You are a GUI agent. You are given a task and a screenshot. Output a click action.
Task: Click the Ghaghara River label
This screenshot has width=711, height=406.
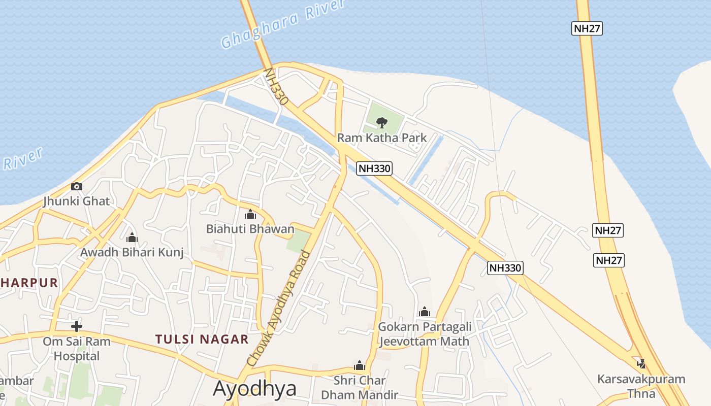click(283, 24)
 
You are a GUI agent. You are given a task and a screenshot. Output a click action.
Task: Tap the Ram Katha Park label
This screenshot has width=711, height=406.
click(382, 138)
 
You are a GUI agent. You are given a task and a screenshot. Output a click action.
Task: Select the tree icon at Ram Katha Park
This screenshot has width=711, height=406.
click(381, 122)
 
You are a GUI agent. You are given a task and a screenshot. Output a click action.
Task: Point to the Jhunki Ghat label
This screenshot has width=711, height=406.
click(76, 201)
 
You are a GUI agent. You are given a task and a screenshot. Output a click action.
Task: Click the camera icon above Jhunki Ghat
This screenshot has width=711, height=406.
click(77, 186)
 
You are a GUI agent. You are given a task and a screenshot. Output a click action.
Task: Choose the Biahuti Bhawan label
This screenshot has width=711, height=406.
click(250, 229)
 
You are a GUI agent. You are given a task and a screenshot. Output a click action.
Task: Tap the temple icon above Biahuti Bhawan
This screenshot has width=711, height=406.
click(250, 214)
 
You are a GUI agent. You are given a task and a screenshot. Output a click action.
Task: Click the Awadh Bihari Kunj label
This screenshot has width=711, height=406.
click(132, 252)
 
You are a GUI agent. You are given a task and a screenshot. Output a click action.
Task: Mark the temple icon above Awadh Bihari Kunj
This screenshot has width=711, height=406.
click(132, 237)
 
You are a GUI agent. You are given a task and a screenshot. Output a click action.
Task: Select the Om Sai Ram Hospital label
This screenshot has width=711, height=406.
click(77, 349)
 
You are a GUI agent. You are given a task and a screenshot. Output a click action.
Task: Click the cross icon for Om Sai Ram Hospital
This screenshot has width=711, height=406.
click(77, 326)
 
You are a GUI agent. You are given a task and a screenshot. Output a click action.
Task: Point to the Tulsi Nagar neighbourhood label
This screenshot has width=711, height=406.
click(202, 339)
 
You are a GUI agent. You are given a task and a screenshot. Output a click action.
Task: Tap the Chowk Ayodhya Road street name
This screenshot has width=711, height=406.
click(278, 309)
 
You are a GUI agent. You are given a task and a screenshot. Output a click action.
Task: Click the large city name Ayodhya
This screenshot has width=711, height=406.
click(254, 389)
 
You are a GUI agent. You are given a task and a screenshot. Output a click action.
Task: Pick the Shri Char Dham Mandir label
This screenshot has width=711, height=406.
click(360, 387)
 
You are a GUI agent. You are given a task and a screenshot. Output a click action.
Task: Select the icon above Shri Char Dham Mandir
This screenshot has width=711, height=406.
click(360, 365)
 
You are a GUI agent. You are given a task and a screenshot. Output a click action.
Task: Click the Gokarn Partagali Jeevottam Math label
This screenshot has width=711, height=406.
click(425, 334)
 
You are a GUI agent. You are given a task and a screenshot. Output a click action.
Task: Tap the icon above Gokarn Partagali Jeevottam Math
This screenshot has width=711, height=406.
click(425, 312)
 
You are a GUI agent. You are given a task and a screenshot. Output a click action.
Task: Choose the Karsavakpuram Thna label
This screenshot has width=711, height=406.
click(641, 386)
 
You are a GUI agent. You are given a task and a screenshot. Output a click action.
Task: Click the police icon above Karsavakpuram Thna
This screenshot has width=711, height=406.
click(641, 363)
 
